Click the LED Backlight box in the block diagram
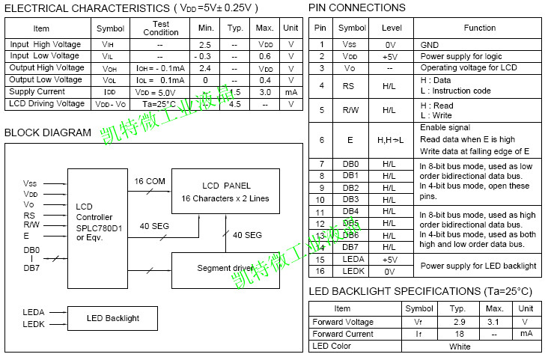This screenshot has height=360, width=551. pyautogui.click(x=112, y=318)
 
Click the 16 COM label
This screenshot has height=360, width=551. pyautogui.click(x=150, y=182)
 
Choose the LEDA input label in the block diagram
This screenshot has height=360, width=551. pyautogui.click(x=34, y=311)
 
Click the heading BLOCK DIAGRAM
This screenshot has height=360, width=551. pyautogui.click(x=48, y=133)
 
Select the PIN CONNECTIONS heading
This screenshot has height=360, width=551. pyautogui.click(x=357, y=8)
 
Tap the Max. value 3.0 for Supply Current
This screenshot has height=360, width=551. pyautogui.click(x=264, y=92)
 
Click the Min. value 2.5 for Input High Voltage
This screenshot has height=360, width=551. pyautogui.click(x=206, y=45)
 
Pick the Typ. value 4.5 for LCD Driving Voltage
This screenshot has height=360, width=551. pyautogui.click(x=235, y=104)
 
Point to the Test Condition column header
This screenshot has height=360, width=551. pyautogui.click(x=160, y=28)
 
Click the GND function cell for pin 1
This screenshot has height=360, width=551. pyautogui.click(x=430, y=45)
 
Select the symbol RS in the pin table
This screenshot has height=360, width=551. pyautogui.click(x=348, y=86)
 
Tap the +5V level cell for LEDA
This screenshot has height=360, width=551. pyautogui.click(x=389, y=259)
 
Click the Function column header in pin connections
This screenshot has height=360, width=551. pyautogui.click(x=479, y=28)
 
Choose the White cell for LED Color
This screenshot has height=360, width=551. pyautogui.click(x=460, y=346)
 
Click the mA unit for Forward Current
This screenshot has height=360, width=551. pyautogui.click(x=526, y=334)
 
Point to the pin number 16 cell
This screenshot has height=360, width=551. pyautogui.click(x=320, y=271)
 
